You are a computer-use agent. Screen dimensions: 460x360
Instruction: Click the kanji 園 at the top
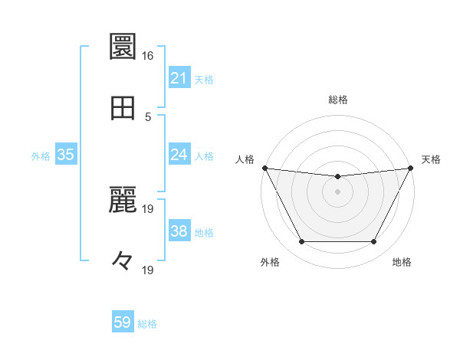tap(123, 47)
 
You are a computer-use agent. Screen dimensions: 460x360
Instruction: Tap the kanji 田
tap(123, 108)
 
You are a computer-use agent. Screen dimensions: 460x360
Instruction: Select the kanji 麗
tap(123, 200)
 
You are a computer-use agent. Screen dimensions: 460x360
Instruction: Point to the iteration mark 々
tap(123, 261)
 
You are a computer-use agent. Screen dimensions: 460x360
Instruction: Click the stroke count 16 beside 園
tap(147, 56)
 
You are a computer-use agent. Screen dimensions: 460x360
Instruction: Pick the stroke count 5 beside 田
tap(147, 117)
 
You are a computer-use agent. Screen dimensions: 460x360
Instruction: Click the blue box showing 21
tap(179, 78)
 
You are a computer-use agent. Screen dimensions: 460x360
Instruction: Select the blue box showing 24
tap(179, 155)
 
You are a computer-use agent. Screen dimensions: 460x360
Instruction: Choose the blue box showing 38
tap(179, 231)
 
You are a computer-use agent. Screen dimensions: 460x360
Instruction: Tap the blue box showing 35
tap(66, 155)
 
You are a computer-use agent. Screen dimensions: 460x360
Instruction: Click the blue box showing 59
tap(123, 322)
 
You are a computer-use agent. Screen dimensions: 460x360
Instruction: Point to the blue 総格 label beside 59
tap(147, 324)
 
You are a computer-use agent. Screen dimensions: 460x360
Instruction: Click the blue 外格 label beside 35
tap(41, 156)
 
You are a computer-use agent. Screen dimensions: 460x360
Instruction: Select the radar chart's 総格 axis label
tap(337, 100)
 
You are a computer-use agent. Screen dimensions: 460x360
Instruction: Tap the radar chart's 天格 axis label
tap(431, 159)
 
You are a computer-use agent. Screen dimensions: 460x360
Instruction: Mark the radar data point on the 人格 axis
tap(264, 168)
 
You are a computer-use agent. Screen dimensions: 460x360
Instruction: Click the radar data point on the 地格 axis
tap(374, 242)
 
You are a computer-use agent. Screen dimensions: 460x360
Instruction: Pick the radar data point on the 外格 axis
tap(301, 242)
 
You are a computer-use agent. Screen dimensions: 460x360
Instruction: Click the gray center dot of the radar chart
tap(337, 191)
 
